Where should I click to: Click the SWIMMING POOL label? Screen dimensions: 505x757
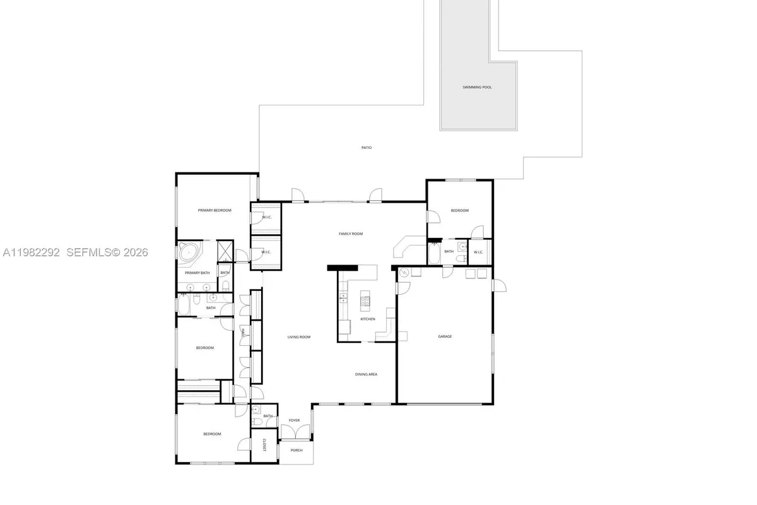tap(477, 87)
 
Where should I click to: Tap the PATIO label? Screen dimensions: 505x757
tap(367, 148)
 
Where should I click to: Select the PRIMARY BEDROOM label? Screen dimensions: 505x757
tap(214, 210)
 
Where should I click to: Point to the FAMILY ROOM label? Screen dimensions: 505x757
tap(351, 234)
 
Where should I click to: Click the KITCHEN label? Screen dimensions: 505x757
tap(368, 319)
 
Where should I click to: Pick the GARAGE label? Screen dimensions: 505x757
tap(445, 336)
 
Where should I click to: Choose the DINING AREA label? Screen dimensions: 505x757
tap(366, 374)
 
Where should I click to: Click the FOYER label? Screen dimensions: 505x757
tap(295, 420)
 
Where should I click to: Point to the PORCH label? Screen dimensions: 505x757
tap(296, 450)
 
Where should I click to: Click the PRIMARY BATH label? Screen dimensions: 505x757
tap(197, 273)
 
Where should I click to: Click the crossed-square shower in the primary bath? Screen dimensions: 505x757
tap(225, 251)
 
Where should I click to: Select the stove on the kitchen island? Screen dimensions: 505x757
tap(365, 302)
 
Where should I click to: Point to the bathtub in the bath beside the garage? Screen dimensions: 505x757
tap(434, 254)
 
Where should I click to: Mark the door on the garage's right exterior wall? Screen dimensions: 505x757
tap(498, 285)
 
